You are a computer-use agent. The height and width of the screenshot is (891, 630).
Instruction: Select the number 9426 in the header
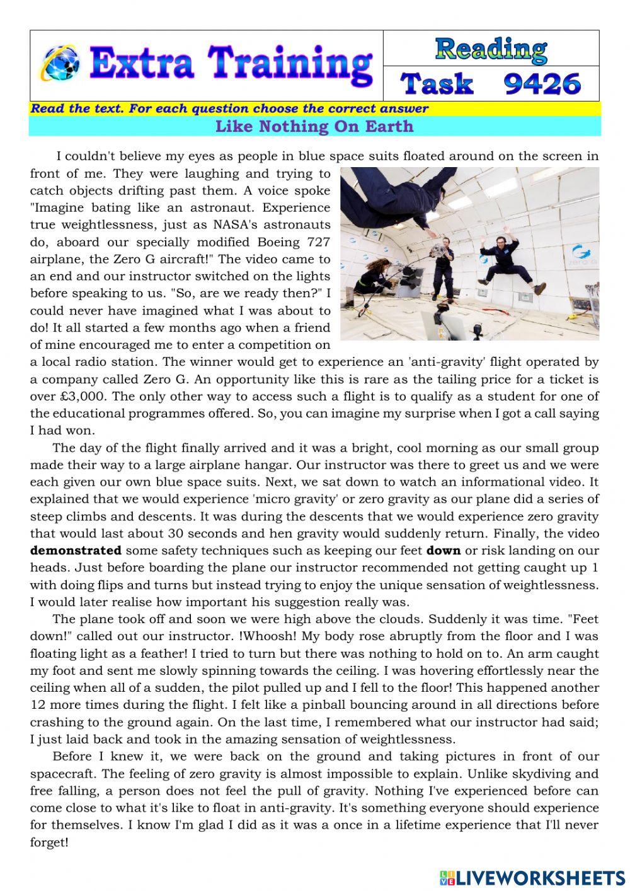(x=542, y=83)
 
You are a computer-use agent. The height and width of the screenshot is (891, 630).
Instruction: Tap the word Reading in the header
(x=491, y=49)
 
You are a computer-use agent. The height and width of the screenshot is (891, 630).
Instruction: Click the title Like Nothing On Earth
(x=314, y=126)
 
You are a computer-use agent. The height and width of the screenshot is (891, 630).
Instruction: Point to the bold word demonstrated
(x=76, y=550)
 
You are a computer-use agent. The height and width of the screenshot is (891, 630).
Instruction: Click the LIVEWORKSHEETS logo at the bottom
(x=532, y=877)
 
